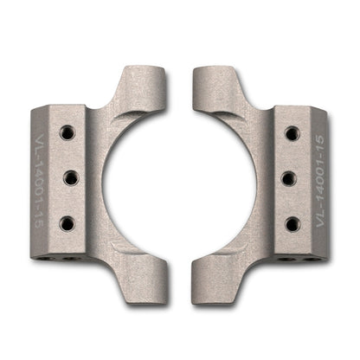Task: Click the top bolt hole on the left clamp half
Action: [x=67, y=132]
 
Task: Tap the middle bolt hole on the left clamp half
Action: [x=68, y=177]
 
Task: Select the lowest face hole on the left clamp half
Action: [x=67, y=222]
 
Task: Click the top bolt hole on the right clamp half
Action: [x=292, y=132]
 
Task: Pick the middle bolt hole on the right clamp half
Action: [x=291, y=177]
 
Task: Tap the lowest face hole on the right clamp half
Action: [x=292, y=222]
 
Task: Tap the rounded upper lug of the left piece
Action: [x=152, y=80]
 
